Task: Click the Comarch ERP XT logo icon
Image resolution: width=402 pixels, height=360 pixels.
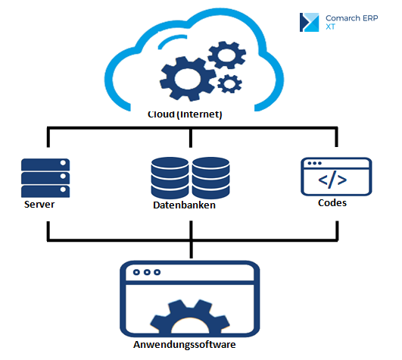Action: coord(309,22)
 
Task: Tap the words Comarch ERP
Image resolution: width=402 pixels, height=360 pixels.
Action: coord(352,18)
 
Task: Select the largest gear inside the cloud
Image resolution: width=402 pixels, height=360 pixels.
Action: coord(188,79)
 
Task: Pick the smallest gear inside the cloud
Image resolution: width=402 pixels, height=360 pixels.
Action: coord(229,83)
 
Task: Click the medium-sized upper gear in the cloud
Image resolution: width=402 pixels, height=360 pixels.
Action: coord(226,55)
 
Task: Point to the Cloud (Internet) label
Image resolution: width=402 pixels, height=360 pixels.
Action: coord(185,114)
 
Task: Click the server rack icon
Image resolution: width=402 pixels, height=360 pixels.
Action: coord(45,178)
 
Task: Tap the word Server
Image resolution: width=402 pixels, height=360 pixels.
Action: coord(39,205)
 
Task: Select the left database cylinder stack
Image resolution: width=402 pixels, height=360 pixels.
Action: coord(170,178)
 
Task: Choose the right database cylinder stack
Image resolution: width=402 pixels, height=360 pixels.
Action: coord(210,178)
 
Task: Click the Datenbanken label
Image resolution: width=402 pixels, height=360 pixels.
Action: coord(184,205)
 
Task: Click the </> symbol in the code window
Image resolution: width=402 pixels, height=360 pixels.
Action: coord(332,180)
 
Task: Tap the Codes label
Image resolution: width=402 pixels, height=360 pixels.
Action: coord(332,203)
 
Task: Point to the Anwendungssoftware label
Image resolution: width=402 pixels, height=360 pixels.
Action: coord(184,344)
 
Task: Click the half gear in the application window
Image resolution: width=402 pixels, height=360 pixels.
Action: coord(189,317)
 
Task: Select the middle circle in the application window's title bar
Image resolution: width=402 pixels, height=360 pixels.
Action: coord(147,272)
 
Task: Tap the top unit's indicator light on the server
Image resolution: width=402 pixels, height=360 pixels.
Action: coord(63,163)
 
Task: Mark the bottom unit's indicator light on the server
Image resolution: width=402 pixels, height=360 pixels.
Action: coord(63,189)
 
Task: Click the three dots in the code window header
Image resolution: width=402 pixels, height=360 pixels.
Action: coord(314,163)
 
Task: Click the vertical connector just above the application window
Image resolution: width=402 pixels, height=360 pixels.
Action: coord(191,249)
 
